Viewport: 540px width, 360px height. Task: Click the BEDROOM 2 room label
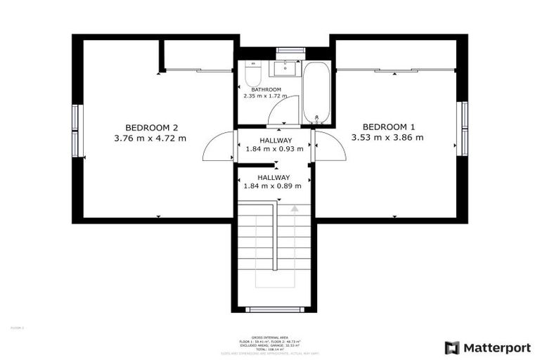[151, 127]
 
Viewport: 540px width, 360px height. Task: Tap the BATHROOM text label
[266, 89]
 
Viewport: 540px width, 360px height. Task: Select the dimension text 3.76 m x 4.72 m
[150, 139]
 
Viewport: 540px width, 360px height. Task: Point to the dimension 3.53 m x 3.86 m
[387, 138]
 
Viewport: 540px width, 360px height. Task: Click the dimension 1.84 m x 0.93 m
[274, 149]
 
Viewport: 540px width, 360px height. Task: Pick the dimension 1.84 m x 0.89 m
[272, 186]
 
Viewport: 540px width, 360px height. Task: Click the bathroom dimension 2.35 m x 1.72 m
[266, 96]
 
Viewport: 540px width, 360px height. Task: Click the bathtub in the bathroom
[316, 91]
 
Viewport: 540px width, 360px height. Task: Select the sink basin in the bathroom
[285, 69]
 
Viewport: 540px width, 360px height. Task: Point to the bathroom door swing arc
[285, 110]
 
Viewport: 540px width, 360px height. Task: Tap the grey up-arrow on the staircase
[295, 208]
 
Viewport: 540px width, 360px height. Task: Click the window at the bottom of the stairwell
[274, 309]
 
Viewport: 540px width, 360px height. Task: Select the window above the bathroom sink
[290, 50]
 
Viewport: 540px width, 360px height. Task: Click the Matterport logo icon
[452, 347]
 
